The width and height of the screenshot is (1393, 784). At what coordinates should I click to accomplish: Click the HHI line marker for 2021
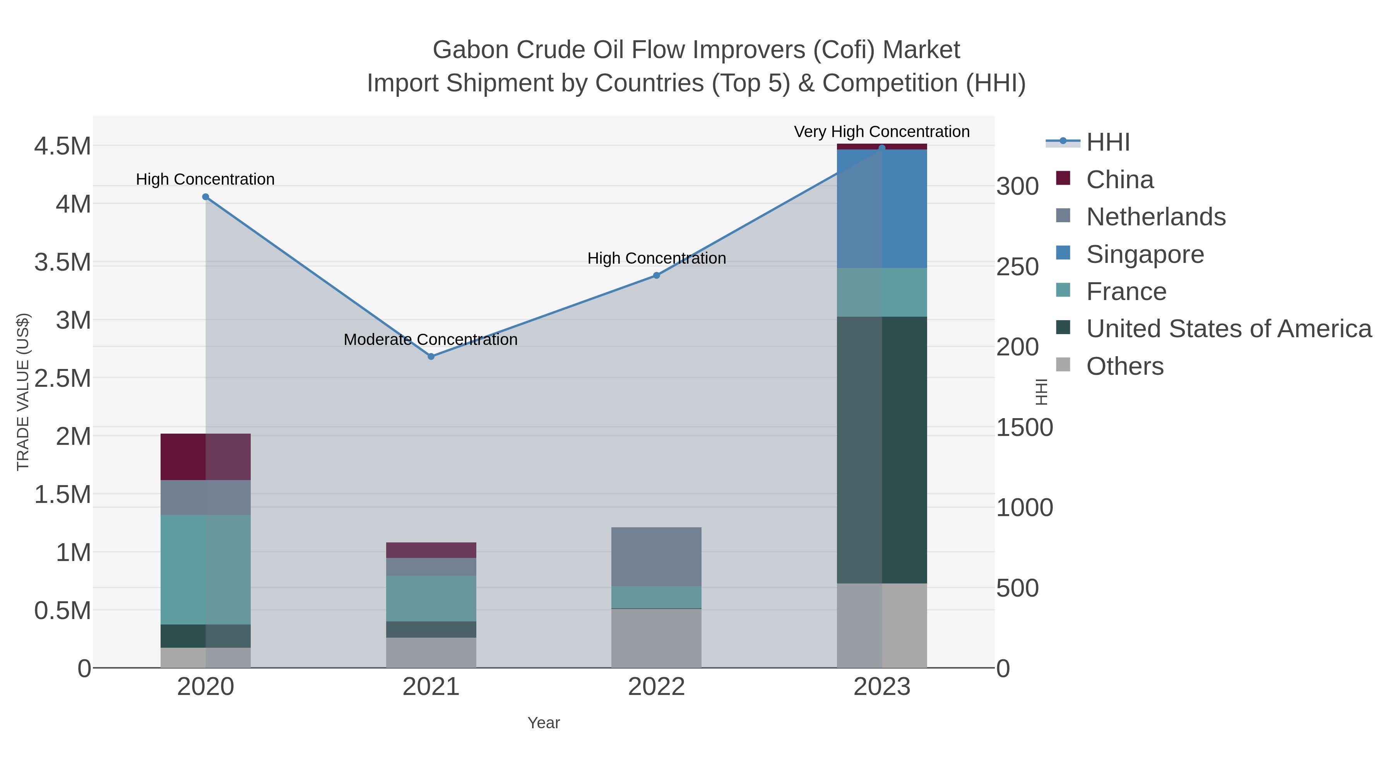tap(431, 357)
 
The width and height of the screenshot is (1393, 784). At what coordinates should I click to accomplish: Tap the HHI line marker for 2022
tap(657, 275)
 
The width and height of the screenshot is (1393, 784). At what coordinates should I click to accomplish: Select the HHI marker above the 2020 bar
tap(205, 197)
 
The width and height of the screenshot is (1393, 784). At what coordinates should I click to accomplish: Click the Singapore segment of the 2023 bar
tap(882, 208)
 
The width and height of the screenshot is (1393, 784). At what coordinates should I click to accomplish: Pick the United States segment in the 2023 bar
tap(882, 449)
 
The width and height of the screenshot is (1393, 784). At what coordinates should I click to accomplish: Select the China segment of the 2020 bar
tap(205, 457)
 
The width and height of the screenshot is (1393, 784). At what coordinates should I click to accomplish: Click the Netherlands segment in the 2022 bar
tap(657, 556)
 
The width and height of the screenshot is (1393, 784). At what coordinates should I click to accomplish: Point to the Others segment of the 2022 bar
tap(657, 638)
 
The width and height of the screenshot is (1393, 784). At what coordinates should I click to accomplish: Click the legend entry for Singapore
tap(1145, 254)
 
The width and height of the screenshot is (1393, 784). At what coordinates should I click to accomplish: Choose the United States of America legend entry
tap(1229, 329)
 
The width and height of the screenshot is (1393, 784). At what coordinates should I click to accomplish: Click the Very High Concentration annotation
tap(881, 132)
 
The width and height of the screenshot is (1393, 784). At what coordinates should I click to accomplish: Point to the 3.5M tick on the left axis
tap(63, 262)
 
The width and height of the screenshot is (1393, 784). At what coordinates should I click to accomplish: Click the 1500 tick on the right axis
tap(1024, 428)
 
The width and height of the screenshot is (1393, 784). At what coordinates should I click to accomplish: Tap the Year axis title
tap(544, 723)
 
